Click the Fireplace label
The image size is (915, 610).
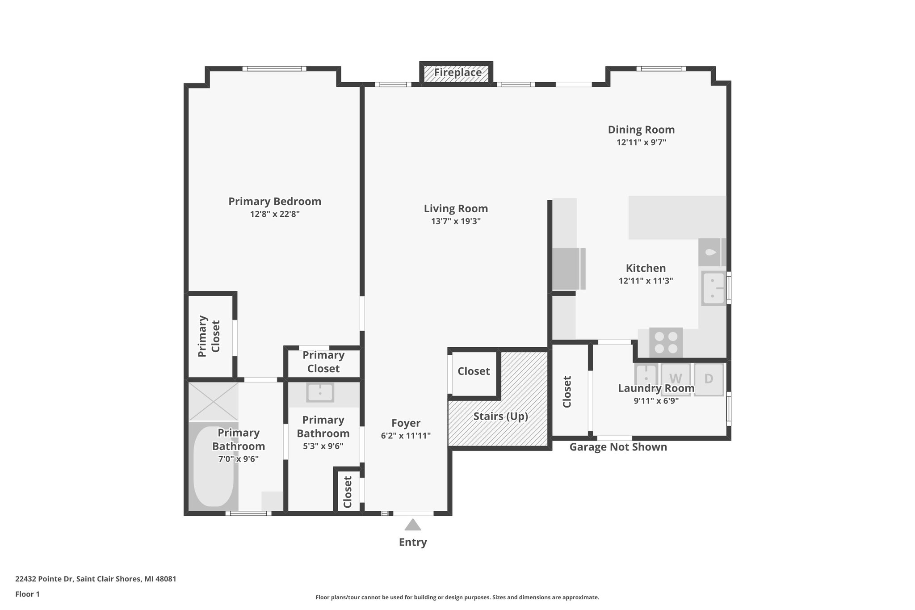(457, 72)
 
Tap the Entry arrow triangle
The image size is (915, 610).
(413, 525)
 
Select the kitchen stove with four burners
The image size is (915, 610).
(666, 342)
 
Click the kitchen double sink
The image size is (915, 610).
(713, 288)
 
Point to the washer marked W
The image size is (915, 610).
(676, 379)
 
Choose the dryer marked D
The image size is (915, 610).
(709, 379)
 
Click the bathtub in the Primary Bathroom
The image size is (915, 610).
(213, 466)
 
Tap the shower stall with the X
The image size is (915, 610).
(213, 401)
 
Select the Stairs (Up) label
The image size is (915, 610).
(500, 416)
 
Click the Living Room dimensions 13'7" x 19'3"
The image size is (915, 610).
(456, 221)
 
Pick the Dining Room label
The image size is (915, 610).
(641, 130)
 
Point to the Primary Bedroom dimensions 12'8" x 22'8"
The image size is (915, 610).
(275, 214)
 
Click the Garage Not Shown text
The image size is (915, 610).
(618, 447)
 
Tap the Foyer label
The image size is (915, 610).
(406, 423)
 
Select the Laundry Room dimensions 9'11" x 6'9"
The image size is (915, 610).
(656, 401)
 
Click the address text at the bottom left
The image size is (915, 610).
(96, 579)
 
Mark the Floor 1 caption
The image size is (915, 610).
(27, 594)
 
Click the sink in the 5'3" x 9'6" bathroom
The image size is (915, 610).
(320, 392)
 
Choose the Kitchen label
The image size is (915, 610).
(646, 268)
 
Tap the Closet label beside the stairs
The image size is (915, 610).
(474, 371)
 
